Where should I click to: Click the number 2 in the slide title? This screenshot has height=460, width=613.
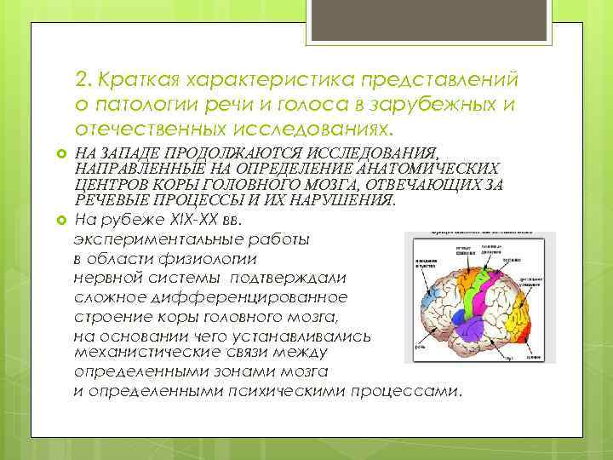point(82,80)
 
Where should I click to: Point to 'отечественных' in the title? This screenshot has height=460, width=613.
point(149,129)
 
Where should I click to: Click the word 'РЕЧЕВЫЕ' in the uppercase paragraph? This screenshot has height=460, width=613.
point(108,199)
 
